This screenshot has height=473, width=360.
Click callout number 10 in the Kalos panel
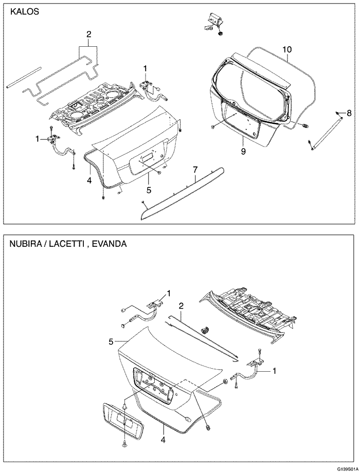[x=287, y=49]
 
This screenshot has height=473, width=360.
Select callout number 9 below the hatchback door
[x=243, y=151]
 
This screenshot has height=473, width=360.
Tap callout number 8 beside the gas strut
[x=349, y=113]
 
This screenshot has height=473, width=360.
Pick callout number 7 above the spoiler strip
[x=195, y=169]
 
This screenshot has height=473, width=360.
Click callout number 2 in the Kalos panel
[x=88, y=34]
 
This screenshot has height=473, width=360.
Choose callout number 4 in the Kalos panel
[x=89, y=180]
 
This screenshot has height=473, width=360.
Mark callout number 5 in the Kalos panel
[x=148, y=190]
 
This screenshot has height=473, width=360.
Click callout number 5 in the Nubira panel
[x=111, y=341]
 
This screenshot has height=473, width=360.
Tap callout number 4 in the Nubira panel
[x=163, y=440]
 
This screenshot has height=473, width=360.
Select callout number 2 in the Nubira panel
[x=181, y=306]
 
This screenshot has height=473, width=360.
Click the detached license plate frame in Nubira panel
[x=122, y=419]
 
